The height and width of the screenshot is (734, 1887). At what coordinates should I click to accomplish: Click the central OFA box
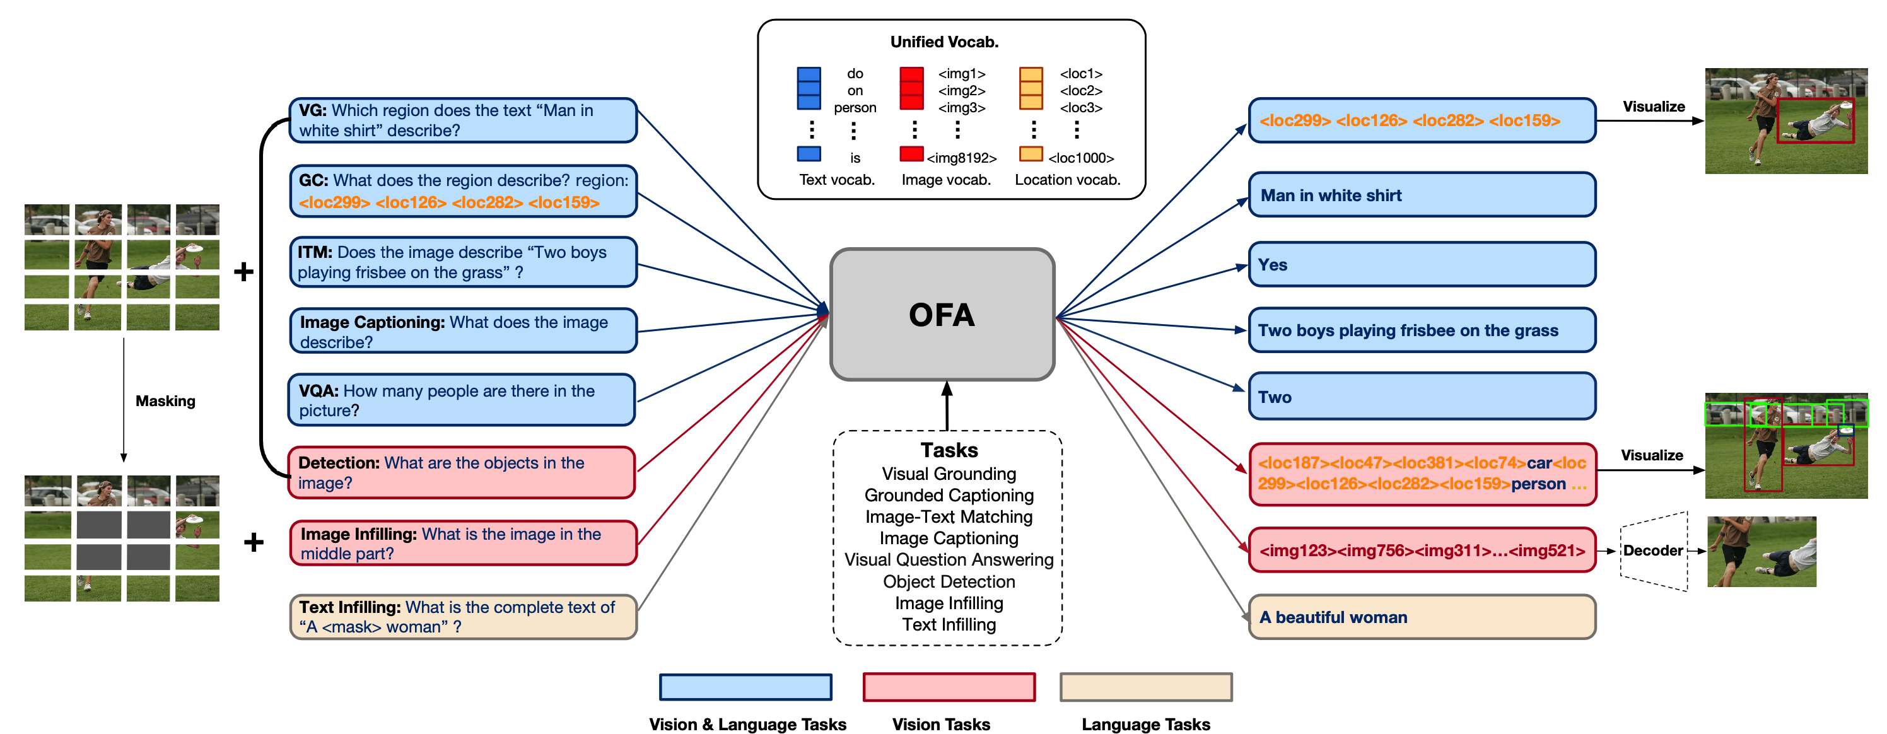pos(942,315)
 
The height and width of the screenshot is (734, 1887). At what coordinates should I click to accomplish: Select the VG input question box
pos(463,120)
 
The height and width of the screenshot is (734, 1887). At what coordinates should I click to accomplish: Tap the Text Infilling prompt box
pos(463,617)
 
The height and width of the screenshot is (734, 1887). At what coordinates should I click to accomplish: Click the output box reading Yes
pos(1421,264)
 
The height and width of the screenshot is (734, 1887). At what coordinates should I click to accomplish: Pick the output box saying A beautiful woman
pos(1421,617)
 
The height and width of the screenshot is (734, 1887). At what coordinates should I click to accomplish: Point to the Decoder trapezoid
pos(1653,551)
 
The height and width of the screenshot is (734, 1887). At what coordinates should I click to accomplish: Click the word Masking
pos(165,400)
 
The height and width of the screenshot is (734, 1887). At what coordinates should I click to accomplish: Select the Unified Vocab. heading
pos(944,42)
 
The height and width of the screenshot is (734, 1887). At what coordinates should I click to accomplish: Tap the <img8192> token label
pos(961,158)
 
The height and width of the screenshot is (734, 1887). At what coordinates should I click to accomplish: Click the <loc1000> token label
pos(1080,158)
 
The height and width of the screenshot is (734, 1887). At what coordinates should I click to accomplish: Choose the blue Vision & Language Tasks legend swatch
pos(745,687)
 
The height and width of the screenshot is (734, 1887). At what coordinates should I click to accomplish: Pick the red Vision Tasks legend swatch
pos(949,687)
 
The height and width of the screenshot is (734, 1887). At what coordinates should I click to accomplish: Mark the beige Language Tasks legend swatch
pos(1146,687)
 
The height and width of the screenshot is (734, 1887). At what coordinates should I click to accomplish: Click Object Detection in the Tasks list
pos(949,581)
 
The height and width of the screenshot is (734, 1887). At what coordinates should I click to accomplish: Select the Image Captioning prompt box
pos(463,331)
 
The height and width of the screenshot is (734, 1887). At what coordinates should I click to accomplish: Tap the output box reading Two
pos(1421,396)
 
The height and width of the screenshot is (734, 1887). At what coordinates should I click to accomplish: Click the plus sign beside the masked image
pos(254,542)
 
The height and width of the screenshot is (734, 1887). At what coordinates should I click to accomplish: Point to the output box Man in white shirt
pos(1421,195)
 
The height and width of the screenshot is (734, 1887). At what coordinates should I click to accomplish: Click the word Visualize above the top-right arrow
pos(1653,106)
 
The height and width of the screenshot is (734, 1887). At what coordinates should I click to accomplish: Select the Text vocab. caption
pos(836,180)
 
